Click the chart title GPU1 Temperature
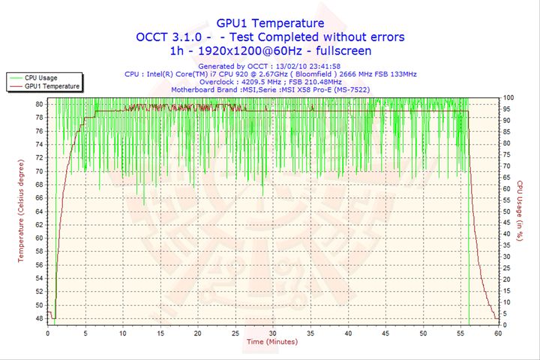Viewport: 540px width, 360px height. click(270, 23)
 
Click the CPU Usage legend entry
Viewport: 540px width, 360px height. click(40, 77)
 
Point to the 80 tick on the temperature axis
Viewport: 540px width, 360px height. click(39, 103)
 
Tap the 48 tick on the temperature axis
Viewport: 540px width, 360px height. click(39, 319)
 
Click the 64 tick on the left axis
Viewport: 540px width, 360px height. click(39, 211)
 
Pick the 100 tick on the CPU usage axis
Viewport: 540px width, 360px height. click(508, 97)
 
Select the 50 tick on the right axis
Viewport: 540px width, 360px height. click(507, 211)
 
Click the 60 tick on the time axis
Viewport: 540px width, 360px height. click(498, 333)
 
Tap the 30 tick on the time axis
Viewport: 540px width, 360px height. click(273, 333)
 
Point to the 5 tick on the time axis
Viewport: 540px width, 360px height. click(85, 333)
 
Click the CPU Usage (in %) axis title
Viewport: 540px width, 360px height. click(520, 211)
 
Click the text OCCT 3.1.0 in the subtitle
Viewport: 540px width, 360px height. click(169, 37)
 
